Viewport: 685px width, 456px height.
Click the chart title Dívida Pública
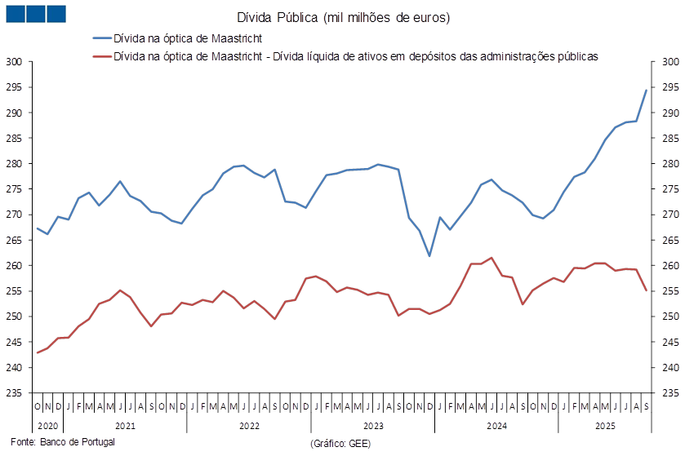pos(343,17)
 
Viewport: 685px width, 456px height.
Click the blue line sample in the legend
pos(100,38)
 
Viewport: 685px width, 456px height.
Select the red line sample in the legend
pos(100,57)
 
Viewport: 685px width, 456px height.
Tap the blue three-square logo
pos(35,13)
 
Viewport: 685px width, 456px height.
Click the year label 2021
pos(125,426)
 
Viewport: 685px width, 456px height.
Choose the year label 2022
pos(249,426)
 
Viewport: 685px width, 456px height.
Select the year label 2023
pos(372,426)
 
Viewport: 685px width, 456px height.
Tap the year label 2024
pos(496,426)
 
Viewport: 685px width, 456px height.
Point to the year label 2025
pos(605,426)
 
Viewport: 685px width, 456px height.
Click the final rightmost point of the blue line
pos(647,90)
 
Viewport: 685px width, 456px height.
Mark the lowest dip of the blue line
pos(429,256)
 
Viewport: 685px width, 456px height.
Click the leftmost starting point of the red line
pos(38,352)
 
